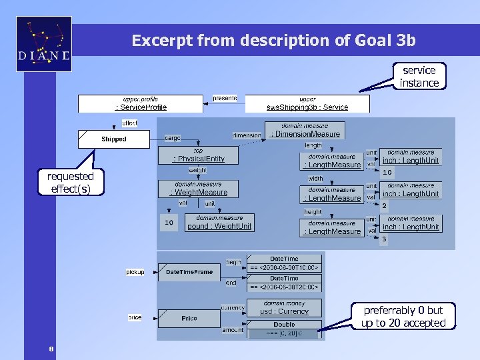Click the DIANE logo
(x=44, y=44)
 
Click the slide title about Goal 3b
(x=273, y=41)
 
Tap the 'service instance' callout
(x=419, y=77)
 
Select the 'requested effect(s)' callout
(x=70, y=182)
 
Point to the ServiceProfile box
(x=141, y=103)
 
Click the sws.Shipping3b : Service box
(x=307, y=103)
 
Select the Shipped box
(x=114, y=139)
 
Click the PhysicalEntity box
(x=198, y=155)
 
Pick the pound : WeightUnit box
(x=219, y=222)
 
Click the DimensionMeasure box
(x=305, y=130)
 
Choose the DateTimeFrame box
(x=189, y=272)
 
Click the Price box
(x=189, y=318)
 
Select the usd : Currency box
(x=284, y=307)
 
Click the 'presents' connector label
(x=225, y=99)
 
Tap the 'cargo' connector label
(x=173, y=138)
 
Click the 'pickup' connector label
(x=135, y=272)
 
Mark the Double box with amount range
(x=284, y=329)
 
